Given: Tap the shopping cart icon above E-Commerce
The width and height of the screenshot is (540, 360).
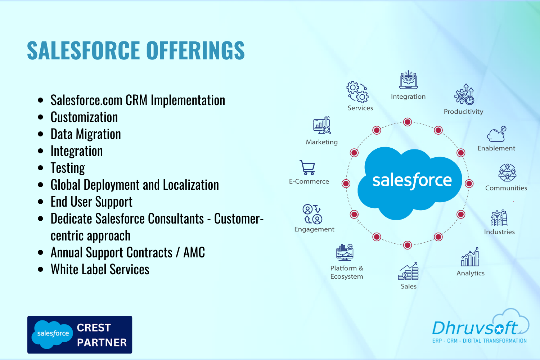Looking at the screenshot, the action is (x=307, y=167).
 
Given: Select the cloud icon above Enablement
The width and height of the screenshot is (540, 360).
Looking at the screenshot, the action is (x=496, y=134).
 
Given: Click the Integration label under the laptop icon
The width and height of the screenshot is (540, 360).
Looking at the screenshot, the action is (x=408, y=97).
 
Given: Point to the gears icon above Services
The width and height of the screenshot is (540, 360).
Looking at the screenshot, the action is (x=357, y=92).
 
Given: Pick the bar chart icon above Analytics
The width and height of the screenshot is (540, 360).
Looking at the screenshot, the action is (x=470, y=257).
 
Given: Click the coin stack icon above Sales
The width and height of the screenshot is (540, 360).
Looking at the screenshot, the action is (x=408, y=271).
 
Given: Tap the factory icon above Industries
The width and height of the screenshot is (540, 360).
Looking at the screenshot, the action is (x=499, y=218).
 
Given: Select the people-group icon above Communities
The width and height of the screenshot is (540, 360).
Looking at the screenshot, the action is (x=507, y=173).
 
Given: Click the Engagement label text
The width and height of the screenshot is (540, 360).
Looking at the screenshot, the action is (x=314, y=229).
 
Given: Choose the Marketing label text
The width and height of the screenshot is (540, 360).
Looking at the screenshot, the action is (x=321, y=142).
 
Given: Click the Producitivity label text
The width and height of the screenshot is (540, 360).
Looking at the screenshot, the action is (x=463, y=111).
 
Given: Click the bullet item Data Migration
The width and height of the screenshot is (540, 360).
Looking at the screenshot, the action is (x=86, y=134).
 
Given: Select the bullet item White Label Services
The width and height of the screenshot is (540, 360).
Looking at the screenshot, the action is (x=100, y=269).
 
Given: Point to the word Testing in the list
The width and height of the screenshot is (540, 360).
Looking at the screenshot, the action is (x=68, y=168).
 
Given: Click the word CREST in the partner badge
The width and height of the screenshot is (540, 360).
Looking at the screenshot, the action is (x=94, y=328).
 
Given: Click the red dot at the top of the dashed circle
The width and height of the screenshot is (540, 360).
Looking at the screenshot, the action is (x=408, y=122).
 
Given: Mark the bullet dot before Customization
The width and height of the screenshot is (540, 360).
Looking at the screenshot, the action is (x=40, y=117).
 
